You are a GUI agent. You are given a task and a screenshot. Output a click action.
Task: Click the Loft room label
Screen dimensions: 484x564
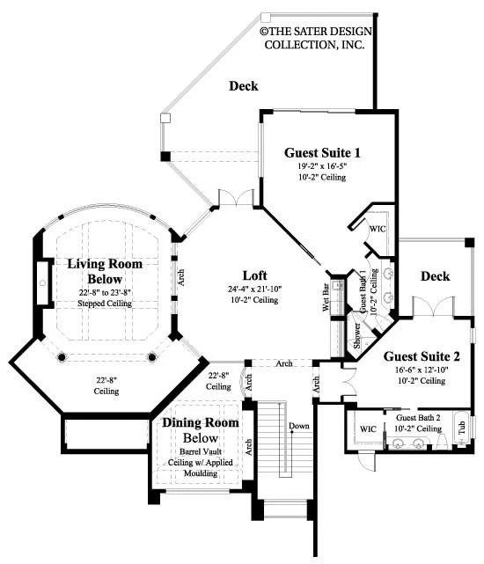tap(255, 275)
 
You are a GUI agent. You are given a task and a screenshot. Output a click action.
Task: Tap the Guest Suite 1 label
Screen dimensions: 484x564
tap(322, 153)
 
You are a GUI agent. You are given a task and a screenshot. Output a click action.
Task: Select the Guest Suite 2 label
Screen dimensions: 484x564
tap(422, 356)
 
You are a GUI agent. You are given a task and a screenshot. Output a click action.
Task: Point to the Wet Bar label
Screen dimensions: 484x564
tap(326, 297)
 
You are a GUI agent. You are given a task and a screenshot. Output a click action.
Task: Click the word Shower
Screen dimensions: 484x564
tap(357, 335)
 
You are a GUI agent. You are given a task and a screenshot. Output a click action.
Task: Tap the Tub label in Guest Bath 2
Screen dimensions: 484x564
tap(462, 428)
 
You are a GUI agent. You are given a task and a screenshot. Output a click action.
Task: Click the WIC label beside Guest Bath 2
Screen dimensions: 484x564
tap(368, 429)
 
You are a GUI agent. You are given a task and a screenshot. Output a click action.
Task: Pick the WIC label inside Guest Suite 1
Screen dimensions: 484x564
tap(378, 229)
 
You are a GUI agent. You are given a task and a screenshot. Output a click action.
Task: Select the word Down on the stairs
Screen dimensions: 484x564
tap(298, 426)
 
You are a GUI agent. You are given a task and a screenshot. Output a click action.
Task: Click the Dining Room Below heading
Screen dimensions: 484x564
tap(201, 430)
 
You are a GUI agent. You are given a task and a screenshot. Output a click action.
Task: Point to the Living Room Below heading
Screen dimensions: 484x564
tap(105, 271)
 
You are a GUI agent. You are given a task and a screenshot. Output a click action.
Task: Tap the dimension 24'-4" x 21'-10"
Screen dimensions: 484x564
tap(255, 289)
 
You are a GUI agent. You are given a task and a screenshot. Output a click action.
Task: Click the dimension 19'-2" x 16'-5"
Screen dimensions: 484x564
tap(322, 166)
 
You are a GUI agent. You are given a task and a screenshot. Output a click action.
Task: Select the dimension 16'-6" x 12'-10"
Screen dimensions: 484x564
tap(422, 370)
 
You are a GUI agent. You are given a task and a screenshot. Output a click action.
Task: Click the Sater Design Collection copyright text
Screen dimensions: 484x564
tap(316, 38)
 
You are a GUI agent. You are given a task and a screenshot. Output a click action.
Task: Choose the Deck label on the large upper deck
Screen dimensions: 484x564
tap(244, 86)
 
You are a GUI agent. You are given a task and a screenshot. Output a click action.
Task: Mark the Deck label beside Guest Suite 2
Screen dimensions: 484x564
tap(435, 276)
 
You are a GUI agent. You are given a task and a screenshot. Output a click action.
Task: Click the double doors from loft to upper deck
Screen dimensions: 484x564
tap(236, 197)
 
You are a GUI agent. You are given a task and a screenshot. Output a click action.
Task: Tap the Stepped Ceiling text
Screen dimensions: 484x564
tap(105, 304)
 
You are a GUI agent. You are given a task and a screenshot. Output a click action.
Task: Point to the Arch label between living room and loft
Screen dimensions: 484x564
tap(181, 277)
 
